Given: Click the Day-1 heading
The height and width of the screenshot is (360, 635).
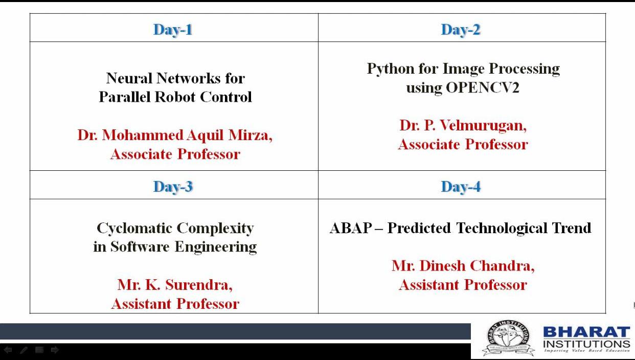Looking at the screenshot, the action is pos(173,30).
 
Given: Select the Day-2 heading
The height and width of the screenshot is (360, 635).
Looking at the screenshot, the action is pos(461,30).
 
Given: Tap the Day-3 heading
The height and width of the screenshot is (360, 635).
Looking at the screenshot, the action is pos(173,187).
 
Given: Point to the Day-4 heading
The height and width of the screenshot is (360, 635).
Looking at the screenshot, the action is pos(461,187).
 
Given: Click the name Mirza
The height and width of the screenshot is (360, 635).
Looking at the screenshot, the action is pos(251,135).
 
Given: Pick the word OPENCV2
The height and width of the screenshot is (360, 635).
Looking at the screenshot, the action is pos(483,87).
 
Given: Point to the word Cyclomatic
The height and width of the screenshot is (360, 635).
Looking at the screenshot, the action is pos(134,228).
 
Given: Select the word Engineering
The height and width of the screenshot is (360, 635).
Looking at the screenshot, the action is pos(216,247).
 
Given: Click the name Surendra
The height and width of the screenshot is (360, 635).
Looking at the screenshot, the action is pos(199,285).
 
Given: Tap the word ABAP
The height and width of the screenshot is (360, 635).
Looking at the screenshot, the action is pos(351,228).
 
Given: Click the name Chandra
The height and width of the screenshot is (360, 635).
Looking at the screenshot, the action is pos(502,266).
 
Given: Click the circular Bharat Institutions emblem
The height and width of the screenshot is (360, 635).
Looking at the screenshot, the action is pos(509,338).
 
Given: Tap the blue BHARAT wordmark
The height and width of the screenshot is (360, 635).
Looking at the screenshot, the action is pos(586,332).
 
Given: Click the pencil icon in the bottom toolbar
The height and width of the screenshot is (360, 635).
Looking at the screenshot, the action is pos(24,350).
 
